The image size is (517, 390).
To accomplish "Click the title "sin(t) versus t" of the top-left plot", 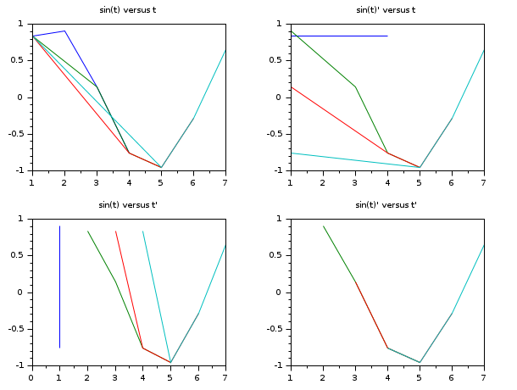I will [x=128, y=10].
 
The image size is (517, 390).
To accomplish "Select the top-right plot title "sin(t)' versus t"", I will [x=386, y=10].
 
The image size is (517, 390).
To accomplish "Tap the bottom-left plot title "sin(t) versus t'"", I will [x=129, y=205].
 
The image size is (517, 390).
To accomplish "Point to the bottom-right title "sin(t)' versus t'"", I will [x=387, y=205].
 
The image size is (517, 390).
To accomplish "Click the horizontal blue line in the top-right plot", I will [x=339, y=36].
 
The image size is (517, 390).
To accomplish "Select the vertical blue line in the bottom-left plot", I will [x=59, y=288].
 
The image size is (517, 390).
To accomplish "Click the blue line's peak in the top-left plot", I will [x=64, y=31].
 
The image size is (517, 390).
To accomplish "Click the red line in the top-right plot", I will [x=339, y=120].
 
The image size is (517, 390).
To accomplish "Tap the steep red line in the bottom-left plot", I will [x=129, y=288].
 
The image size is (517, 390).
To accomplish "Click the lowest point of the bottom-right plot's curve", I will [x=420, y=363].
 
